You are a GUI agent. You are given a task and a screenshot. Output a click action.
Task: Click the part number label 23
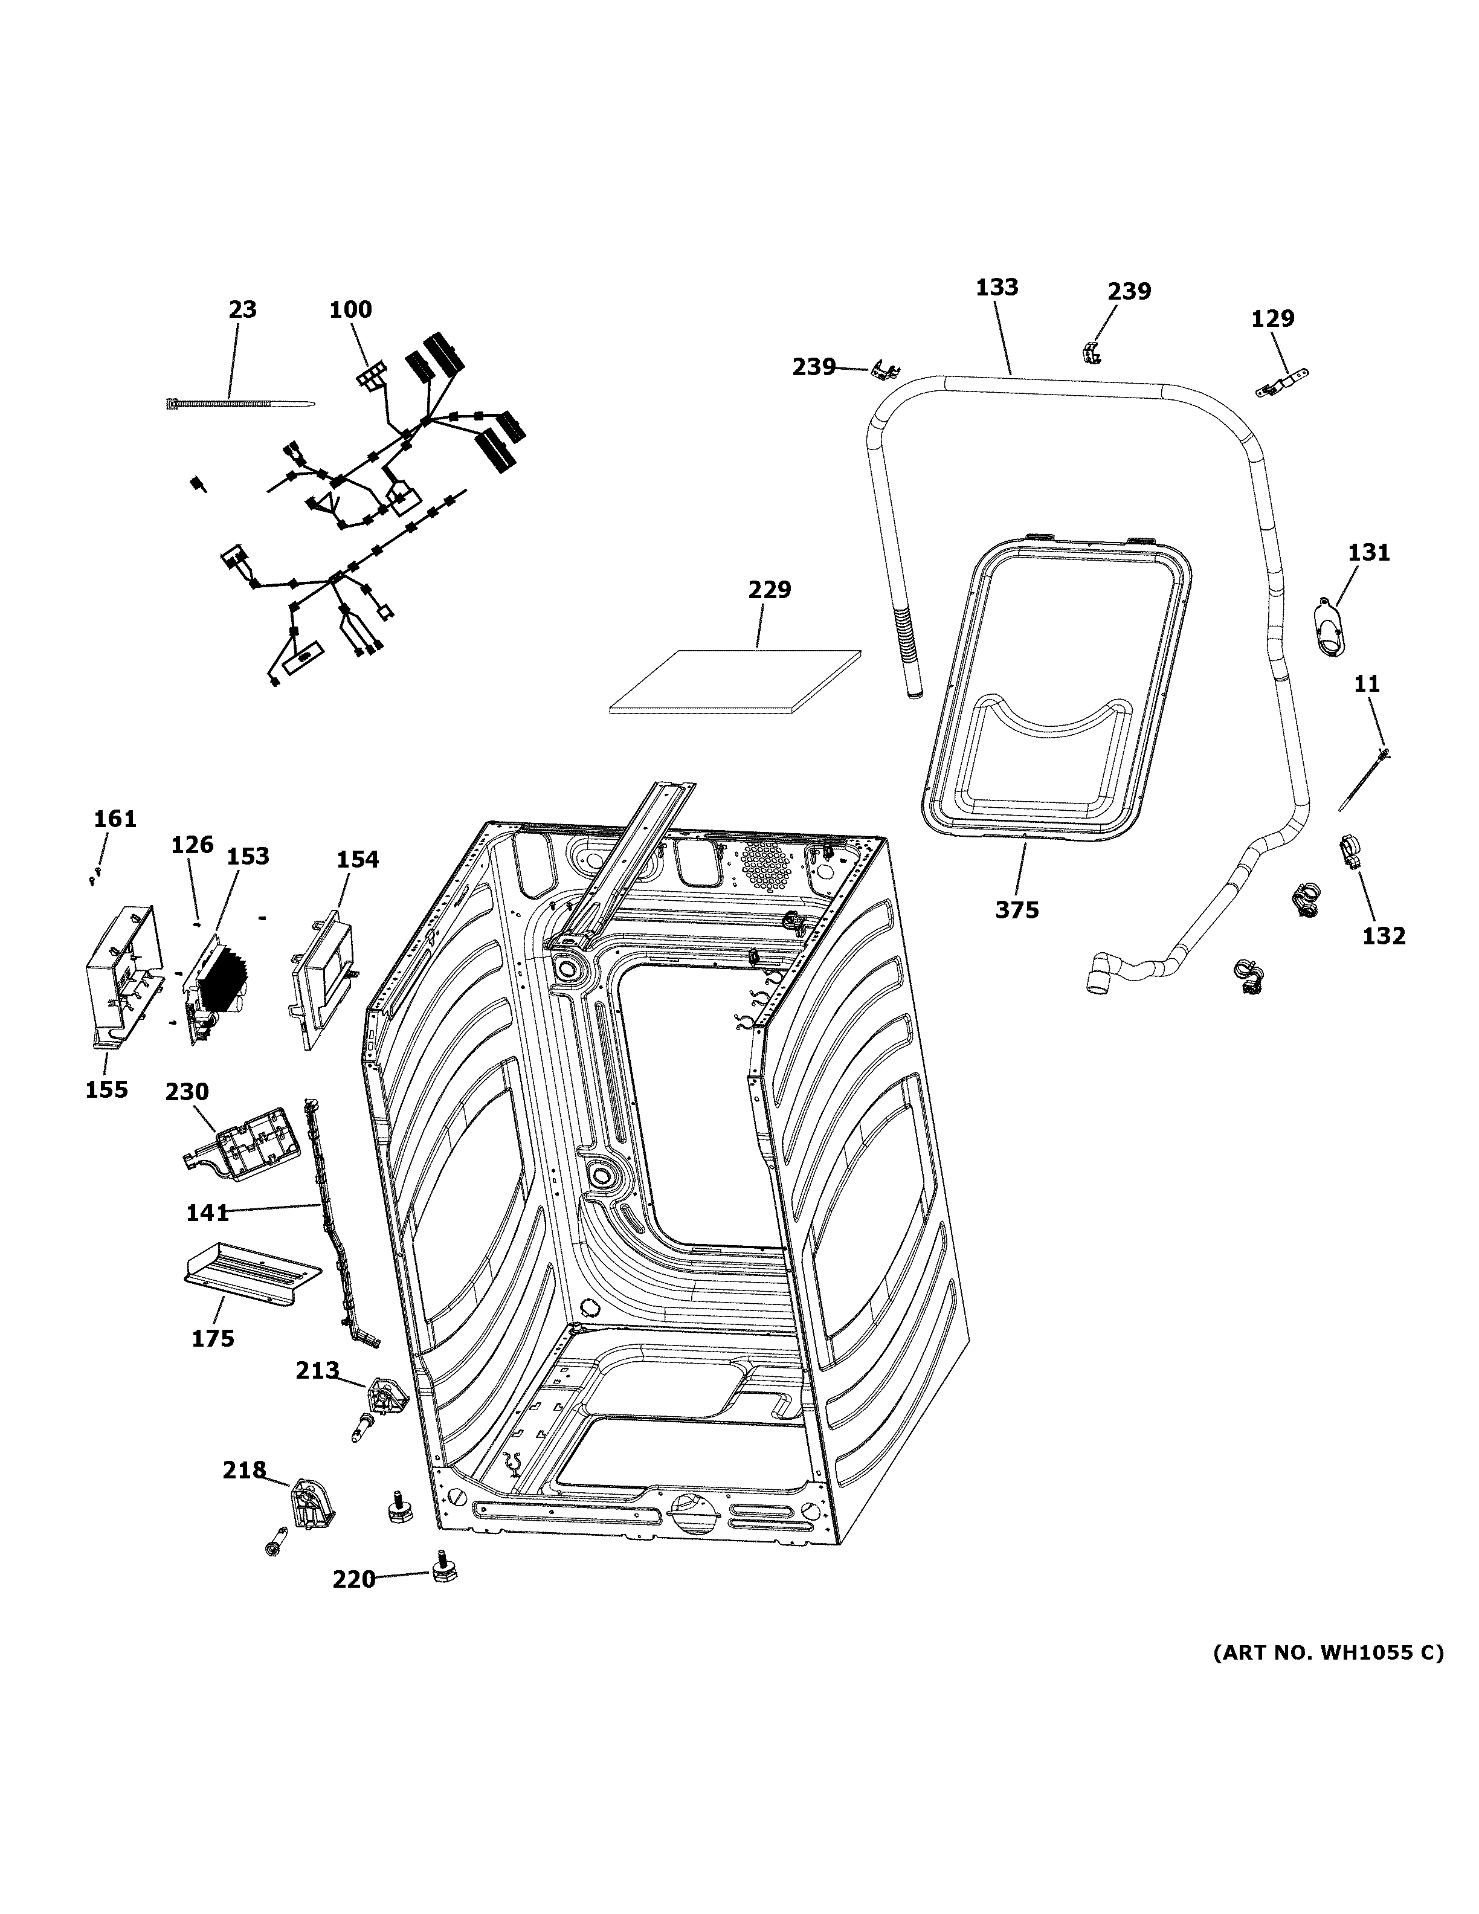(243, 309)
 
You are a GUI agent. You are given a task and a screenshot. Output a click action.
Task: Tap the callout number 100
(350, 309)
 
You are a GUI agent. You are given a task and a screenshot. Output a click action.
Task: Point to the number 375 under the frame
(1016, 910)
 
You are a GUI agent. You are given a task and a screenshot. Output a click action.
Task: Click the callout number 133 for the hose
(997, 288)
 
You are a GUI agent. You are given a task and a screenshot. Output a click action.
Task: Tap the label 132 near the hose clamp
(1384, 936)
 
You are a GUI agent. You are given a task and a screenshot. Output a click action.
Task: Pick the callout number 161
(115, 819)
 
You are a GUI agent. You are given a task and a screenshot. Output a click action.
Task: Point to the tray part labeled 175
(250, 1278)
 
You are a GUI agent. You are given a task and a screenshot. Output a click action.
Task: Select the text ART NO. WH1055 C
(1327, 1652)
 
